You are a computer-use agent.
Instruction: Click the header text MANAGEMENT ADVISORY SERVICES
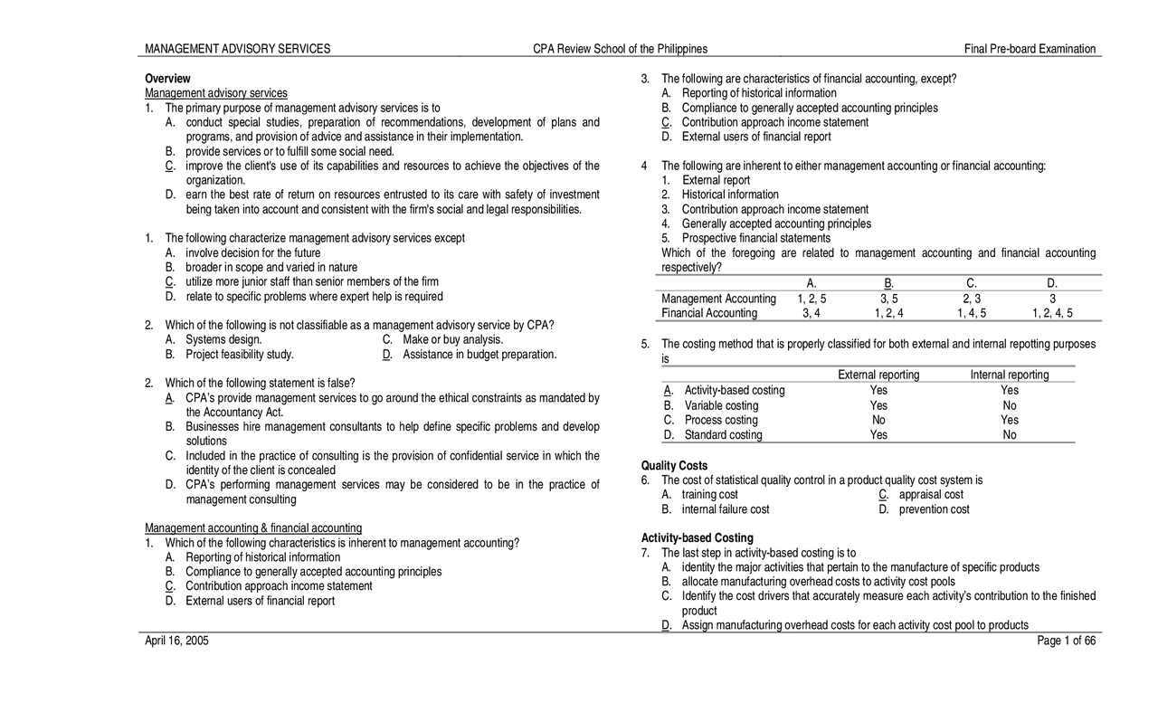point(238,49)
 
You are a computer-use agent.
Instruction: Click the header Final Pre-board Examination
point(1030,49)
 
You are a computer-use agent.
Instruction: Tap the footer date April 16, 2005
point(176,641)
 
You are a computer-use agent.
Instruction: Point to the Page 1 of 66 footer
point(1068,641)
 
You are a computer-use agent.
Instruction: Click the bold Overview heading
point(168,79)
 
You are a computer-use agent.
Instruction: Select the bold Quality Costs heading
point(674,466)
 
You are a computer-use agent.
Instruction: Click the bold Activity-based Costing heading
point(697,538)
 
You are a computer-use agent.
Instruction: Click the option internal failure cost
point(726,509)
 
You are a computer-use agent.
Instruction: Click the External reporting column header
point(878,375)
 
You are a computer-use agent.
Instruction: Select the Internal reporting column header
point(1010,375)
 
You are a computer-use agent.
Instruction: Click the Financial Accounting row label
point(709,313)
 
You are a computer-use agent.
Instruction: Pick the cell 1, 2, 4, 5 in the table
point(1052,313)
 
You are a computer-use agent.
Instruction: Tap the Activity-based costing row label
point(733,390)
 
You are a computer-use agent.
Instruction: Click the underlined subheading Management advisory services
point(216,93)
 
